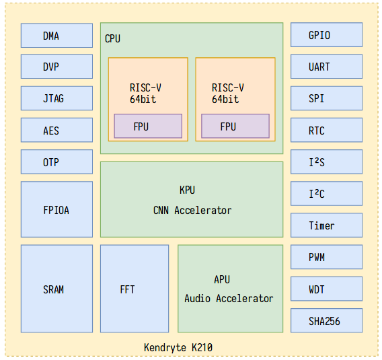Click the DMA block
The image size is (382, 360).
click(56, 36)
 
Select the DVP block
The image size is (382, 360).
click(56, 67)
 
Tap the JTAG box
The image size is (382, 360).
click(56, 98)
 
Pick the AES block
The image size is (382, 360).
click(56, 130)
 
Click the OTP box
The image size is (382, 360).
click(56, 162)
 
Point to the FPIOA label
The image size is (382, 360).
click(56, 210)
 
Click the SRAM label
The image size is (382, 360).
click(53, 289)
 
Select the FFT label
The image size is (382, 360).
click(127, 289)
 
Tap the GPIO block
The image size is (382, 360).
click(326, 35)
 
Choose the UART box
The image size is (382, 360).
click(326, 67)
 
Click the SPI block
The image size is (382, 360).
click(326, 98)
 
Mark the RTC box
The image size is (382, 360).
click(326, 130)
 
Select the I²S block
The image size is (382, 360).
click(326, 162)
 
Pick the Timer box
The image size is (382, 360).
click(326, 225)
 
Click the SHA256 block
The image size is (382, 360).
click(326, 320)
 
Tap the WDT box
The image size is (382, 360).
click(326, 289)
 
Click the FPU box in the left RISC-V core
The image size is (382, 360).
click(148, 126)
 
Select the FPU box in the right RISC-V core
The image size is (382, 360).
click(235, 126)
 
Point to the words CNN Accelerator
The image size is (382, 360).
click(192, 211)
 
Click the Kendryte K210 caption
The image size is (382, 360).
click(178, 347)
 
